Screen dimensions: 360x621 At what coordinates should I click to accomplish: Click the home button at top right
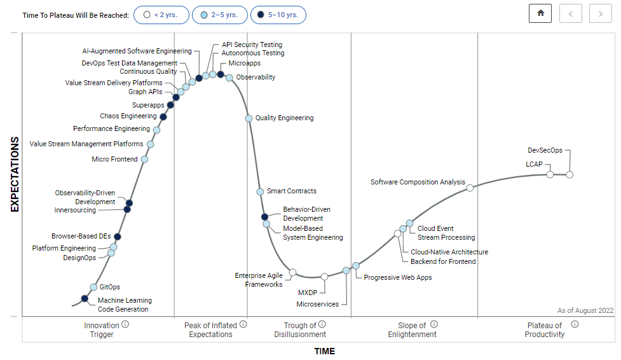pyautogui.click(x=540, y=13)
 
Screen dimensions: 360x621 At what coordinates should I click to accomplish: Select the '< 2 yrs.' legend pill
pyautogui.click(x=161, y=15)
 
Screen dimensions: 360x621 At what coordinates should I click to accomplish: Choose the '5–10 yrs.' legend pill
pyautogui.click(x=278, y=15)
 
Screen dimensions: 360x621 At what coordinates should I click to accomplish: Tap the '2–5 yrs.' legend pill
pyautogui.click(x=219, y=15)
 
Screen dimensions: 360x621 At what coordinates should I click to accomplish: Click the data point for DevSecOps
pyautogui.click(x=570, y=174)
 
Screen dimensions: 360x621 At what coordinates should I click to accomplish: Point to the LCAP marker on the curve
pyautogui.click(x=550, y=174)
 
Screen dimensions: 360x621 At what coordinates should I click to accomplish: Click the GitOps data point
pyautogui.click(x=94, y=287)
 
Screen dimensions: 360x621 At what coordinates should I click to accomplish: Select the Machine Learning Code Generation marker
pyautogui.click(x=85, y=298)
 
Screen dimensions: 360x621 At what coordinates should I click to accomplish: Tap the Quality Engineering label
pyautogui.click(x=284, y=118)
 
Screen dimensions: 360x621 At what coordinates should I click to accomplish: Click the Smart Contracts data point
pyautogui.click(x=260, y=191)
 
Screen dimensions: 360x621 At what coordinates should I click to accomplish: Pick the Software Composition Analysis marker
pyautogui.click(x=470, y=188)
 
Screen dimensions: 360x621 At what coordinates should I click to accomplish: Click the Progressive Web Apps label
pyautogui.click(x=397, y=277)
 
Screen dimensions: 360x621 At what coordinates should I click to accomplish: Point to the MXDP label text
pyautogui.click(x=308, y=293)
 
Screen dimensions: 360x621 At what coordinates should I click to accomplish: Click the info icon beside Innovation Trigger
pyautogui.click(x=125, y=324)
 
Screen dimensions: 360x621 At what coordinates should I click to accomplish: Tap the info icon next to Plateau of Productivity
pyautogui.click(x=575, y=324)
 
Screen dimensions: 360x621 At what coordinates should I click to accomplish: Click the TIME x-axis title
pyautogui.click(x=324, y=352)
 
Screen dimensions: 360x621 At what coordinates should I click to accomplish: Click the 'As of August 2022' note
pyautogui.click(x=585, y=310)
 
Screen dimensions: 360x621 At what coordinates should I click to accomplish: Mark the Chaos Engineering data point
pyautogui.click(x=163, y=117)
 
